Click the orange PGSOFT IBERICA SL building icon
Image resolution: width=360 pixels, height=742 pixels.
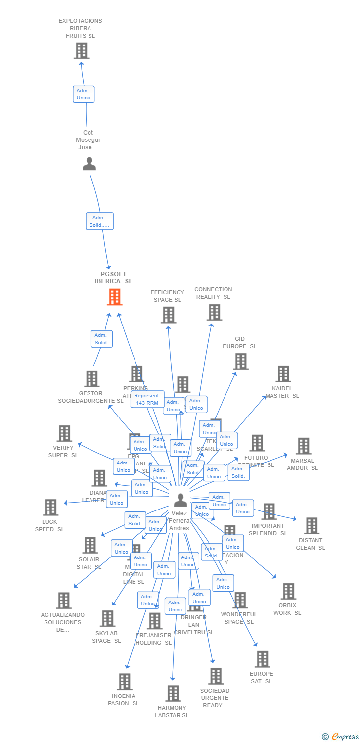click(x=115, y=297)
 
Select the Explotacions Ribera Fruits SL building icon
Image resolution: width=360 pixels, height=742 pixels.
click(x=81, y=50)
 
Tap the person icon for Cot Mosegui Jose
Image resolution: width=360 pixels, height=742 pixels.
click(x=89, y=164)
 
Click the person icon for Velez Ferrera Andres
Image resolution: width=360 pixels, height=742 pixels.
click(x=180, y=501)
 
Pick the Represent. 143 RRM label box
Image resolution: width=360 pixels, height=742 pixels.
click(x=147, y=399)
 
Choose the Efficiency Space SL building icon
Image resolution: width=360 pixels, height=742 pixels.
click(x=168, y=315)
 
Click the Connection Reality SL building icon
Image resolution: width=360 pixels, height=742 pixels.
click(x=214, y=312)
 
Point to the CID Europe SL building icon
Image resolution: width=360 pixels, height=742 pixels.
click(x=240, y=361)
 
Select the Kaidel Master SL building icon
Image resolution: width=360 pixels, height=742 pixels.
click(x=283, y=374)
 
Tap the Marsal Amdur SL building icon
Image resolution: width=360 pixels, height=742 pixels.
click(x=303, y=446)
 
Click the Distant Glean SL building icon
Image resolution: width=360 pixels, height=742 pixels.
click(x=312, y=525)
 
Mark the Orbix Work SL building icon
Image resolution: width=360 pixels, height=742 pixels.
click(x=288, y=591)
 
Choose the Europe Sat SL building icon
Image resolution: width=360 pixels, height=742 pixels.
click(x=262, y=659)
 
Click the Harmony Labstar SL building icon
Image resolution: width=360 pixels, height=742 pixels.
click(x=173, y=694)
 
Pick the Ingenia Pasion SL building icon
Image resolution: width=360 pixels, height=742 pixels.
click(x=124, y=682)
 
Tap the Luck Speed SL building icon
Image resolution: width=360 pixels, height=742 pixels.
click(x=50, y=507)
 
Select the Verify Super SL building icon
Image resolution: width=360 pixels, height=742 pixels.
click(x=64, y=433)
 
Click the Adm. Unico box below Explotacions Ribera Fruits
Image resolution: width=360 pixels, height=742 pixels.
click(x=84, y=94)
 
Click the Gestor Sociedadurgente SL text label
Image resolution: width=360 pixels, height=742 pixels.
click(x=90, y=397)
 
